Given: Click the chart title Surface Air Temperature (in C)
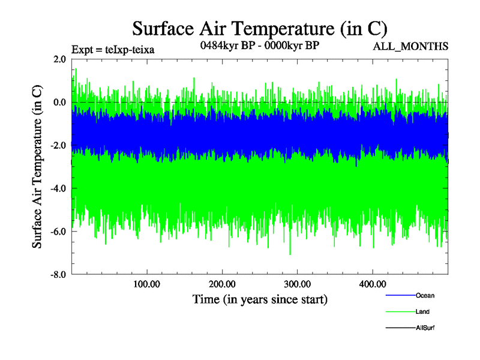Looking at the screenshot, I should coord(259,28).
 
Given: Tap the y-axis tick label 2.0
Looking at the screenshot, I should coord(59,59).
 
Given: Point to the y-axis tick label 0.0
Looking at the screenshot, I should coord(59,102).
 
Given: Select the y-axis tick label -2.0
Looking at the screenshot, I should coord(58,145).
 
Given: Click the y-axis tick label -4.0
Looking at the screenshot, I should coord(58,188).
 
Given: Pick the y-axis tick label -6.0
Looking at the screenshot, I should coord(58,232).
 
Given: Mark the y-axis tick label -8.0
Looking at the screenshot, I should coord(58,275).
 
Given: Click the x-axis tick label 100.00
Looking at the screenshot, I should coord(147,284).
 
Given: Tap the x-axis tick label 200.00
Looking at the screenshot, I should coord(222,284).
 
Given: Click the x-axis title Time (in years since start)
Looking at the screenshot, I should coord(260,298).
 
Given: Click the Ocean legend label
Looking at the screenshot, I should coord(425,295).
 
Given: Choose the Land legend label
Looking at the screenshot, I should coord(422,311).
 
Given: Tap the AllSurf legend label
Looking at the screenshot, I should coord(425,328).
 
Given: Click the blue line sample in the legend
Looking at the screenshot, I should coord(400,295).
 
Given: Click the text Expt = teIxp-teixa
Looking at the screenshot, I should coord(113,50).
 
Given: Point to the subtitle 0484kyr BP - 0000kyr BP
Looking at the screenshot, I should coord(259,46).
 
